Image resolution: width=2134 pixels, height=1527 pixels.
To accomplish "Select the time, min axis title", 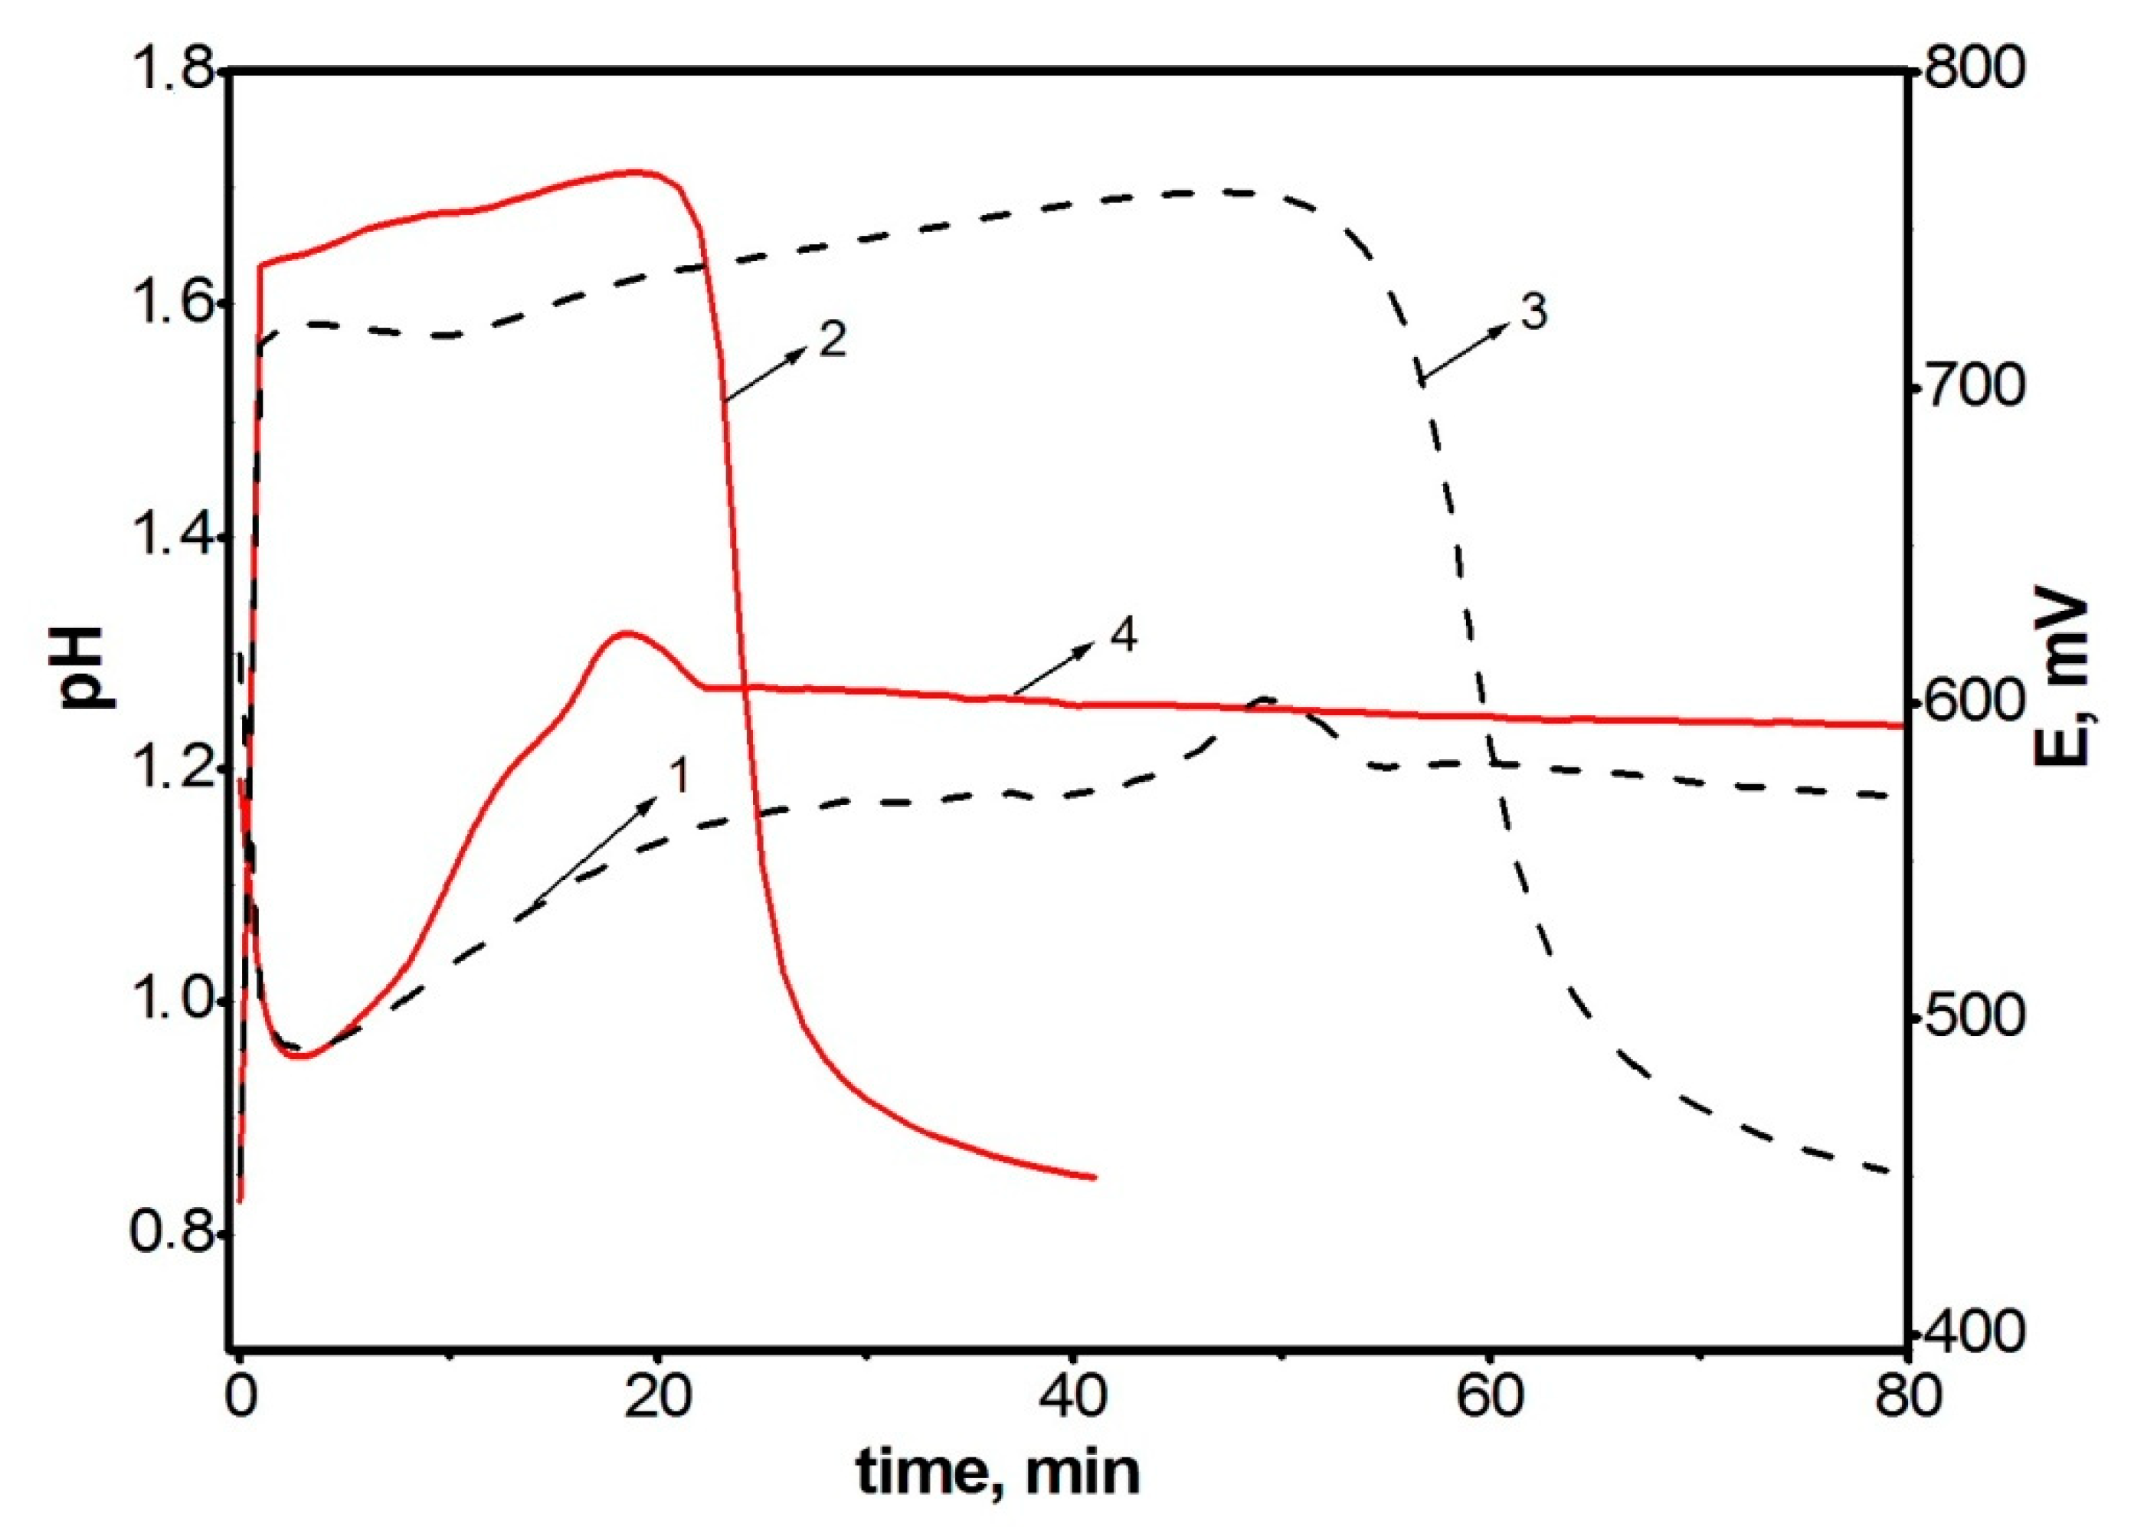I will click(x=998, y=1470).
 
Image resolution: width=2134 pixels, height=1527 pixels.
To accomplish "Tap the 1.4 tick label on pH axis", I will click(x=168, y=537).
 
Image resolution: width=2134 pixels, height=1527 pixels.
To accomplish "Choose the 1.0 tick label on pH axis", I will click(x=168, y=1000).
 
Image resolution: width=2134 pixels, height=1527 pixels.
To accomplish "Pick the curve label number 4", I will click(x=1123, y=636).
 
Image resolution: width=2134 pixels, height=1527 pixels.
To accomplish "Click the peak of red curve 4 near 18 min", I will click(x=623, y=633).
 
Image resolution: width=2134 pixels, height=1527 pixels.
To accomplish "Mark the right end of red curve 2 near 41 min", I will click(x=1095, y=1177).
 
